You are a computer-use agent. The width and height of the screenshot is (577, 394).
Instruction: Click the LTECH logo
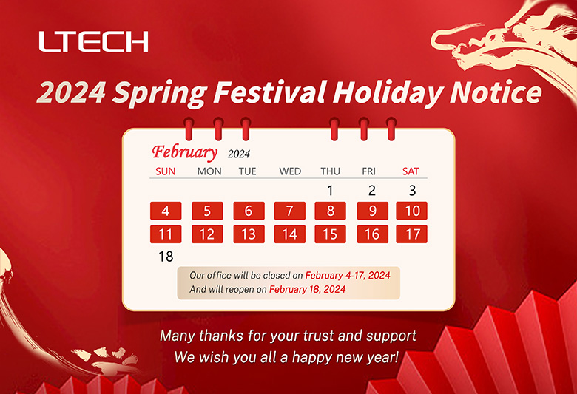93,41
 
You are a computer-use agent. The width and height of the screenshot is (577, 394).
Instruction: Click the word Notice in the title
496,92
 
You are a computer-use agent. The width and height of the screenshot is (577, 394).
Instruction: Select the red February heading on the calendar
185,152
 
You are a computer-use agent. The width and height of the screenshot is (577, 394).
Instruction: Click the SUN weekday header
166,171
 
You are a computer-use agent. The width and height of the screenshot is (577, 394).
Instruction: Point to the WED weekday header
290,171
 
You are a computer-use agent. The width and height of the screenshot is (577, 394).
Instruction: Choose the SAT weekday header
411,171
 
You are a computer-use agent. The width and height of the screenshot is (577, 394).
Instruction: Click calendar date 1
330,191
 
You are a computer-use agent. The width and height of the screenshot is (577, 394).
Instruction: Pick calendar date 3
412,191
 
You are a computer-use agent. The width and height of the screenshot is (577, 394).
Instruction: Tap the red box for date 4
166,211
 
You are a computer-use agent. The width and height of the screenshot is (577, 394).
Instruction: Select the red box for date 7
289,211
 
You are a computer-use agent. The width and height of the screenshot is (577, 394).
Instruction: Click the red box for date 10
412,211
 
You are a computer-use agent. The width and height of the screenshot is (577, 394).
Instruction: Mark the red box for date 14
289,234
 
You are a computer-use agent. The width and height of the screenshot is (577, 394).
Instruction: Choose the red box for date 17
412,234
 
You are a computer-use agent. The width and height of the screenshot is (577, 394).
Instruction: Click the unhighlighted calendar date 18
166,257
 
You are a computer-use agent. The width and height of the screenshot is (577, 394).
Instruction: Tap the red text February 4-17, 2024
348,275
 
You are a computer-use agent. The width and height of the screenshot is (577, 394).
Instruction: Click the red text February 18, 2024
307,289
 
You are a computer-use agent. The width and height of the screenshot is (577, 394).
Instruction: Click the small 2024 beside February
239,154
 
